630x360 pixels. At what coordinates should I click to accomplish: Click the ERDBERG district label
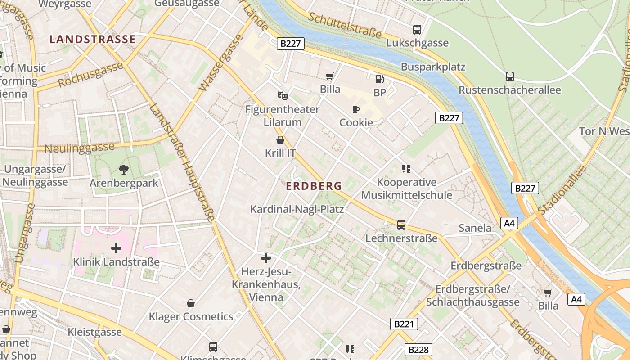314,186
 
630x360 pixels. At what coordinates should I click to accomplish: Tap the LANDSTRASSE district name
92,39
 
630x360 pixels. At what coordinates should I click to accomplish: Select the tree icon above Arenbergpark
124,170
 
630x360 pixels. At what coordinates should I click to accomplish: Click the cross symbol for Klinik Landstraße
116,248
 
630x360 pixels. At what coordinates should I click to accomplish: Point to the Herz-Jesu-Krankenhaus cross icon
266,258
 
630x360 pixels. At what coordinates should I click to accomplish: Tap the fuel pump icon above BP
379,79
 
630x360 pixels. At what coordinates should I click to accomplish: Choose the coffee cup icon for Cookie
356,109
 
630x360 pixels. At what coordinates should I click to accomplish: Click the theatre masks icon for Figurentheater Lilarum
282,95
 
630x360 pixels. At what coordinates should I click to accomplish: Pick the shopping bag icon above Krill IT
280,140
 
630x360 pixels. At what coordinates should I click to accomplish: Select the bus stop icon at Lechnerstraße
401,225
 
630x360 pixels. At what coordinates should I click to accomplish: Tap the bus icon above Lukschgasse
417,30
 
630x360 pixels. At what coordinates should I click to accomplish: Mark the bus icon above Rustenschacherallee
509,76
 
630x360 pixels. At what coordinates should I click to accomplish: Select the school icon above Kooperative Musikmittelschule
406,169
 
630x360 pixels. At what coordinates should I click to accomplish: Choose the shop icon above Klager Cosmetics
191,303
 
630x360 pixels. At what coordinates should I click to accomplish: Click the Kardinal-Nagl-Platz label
297,209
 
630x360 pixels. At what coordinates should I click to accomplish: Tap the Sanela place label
475,228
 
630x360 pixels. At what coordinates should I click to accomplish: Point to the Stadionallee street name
562,189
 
